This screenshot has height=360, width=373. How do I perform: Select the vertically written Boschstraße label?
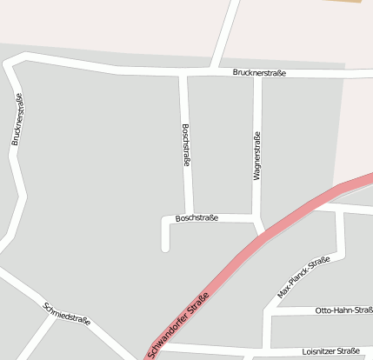[185, 145]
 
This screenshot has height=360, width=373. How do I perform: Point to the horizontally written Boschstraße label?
[196, 217]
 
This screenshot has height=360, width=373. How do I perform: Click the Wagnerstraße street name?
[256, 156]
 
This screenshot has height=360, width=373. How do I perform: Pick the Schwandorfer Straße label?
[179, 323]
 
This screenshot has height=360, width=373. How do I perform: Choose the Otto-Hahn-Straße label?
[343, 310]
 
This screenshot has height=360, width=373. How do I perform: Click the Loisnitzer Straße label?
[330, 350]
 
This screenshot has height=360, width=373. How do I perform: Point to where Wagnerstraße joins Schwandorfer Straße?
[263, 232]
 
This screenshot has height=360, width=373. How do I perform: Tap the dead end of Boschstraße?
[165, 249]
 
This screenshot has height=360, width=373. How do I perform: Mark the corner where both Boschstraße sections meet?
[189, 217]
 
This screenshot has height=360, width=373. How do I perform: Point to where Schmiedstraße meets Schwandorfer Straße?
[139, 356]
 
